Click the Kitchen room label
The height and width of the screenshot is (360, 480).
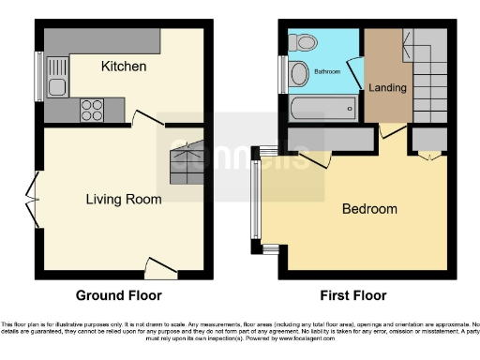point(124,67)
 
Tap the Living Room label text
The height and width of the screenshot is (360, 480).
point(124,199)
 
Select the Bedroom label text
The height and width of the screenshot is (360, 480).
point(368,209)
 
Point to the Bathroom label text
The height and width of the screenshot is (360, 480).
point(327,71)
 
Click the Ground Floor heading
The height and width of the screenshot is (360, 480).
point(120,295)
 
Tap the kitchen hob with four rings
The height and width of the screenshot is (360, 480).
point(92,109)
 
